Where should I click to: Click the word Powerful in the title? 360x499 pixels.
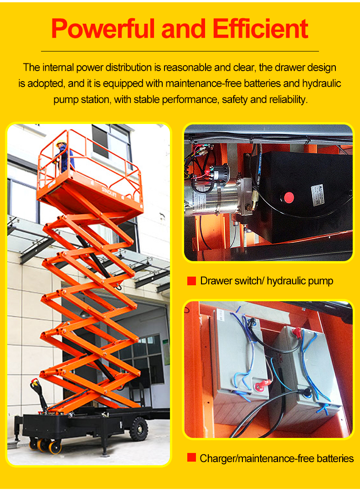coord(103,29)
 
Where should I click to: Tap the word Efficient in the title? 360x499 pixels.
coord(260,29)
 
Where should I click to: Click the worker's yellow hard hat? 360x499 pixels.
coord(61,143)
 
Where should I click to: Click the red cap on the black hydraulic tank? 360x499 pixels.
coord(289,197)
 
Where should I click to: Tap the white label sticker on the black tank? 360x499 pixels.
coord(318,195)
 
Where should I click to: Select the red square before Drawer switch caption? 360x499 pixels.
coord(191,281)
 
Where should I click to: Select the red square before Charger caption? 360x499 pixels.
coord(191,458)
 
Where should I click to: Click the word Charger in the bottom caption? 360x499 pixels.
coord(218,458)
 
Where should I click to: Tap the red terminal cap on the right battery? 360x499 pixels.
coord(297,332)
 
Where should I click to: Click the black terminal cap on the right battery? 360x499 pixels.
coord(307,392)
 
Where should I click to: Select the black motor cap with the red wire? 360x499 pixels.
coord(220,174)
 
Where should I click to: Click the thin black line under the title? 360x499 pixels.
coord(180,51)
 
